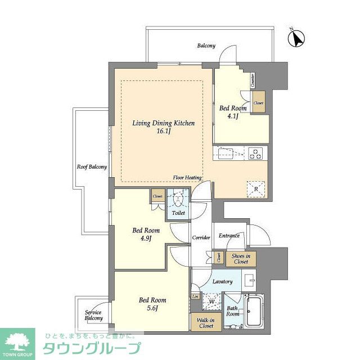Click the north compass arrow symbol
click(x=296, y=38)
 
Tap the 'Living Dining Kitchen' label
click(x=159, y=127)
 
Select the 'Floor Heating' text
click(x=188, y=178)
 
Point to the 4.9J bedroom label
click(x=146, y=234)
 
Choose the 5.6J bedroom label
click(x=152, y=304)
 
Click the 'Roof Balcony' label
click(x=92, y=167)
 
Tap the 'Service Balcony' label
click(x=94, y=316)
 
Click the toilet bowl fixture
click(x=178, y=200)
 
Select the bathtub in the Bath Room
click(x=254, y=311)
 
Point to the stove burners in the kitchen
click(x=255, y=152)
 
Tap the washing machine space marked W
click(x=211, y=301)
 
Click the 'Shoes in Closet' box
click(x=241, y=259)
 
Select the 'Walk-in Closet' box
click(x=205, y=323)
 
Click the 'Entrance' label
click(x=229, y=236)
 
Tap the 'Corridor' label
click(x=201, y=238)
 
